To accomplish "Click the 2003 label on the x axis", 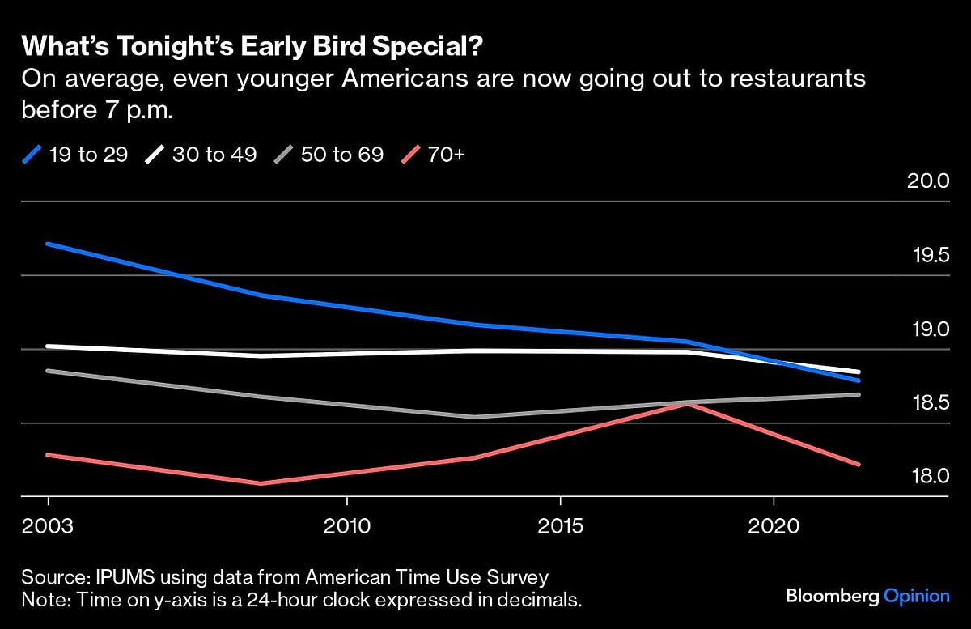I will [48, 526].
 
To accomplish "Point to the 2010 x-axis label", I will [346, 526].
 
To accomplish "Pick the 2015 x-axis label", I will [560, 526].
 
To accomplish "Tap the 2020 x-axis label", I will [774, 526].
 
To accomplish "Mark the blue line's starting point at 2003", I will [48, 244].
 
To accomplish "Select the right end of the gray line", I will [859, 394].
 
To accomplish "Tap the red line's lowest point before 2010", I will [261, 483].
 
